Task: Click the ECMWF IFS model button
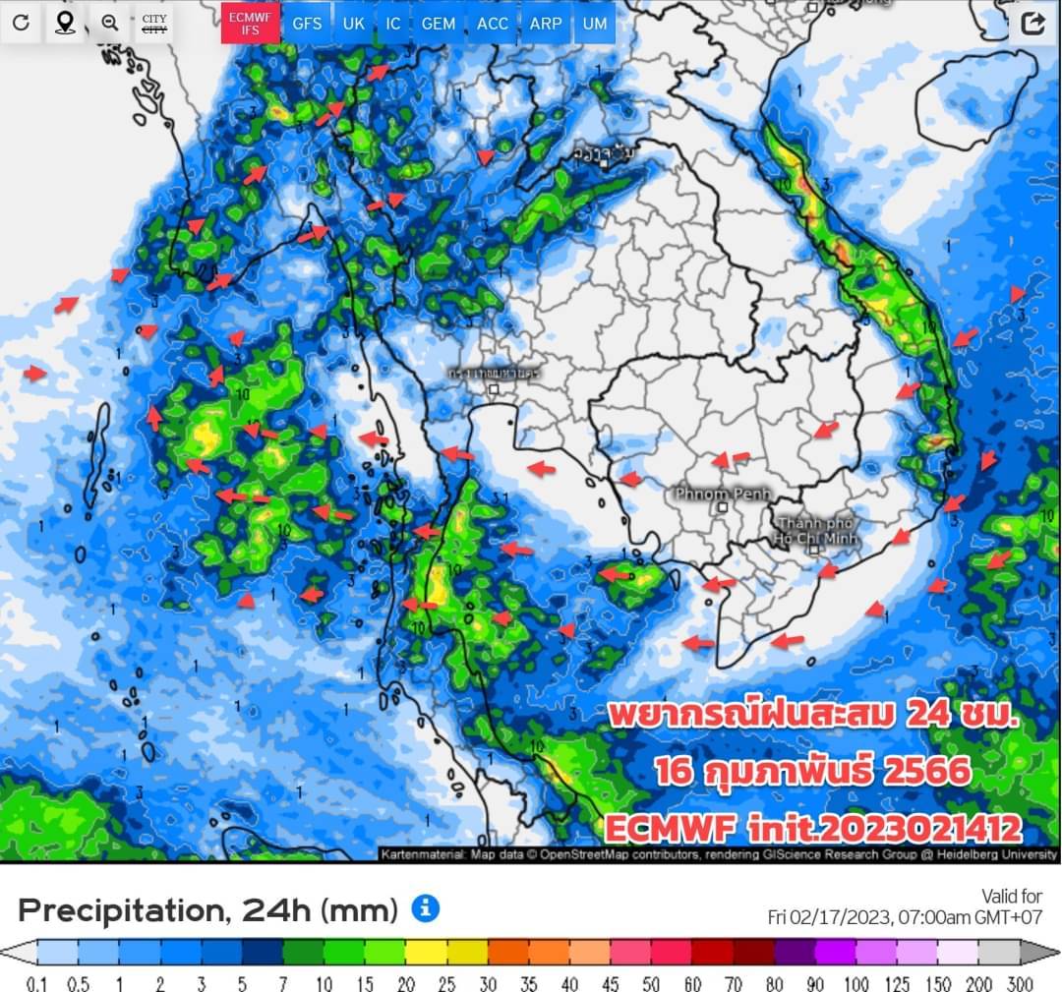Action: click(x=250, y=23)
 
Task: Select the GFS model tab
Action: click(x=307, y=23)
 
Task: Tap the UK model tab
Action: click(x=353, y=23)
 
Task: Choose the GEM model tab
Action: click(x=438, y=23)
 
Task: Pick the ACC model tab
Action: click(x=493, y=23)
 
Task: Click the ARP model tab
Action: click(x=546, y=23)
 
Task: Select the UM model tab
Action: click(x=594, y=23)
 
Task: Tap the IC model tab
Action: click(x=393, y=23)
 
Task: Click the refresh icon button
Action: click(x=21, y=23)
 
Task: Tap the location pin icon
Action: click(x=65, y=23)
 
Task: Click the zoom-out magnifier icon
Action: click(x=110, y=23)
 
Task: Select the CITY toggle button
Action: click(x=154, y=23)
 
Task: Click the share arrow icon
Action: click(x=1032, y=24)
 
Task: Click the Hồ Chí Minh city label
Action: click(x=817, y=532)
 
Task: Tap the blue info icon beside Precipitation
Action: click(x=425, y=908)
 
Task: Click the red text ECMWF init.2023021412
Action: click(x=812, y=828)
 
